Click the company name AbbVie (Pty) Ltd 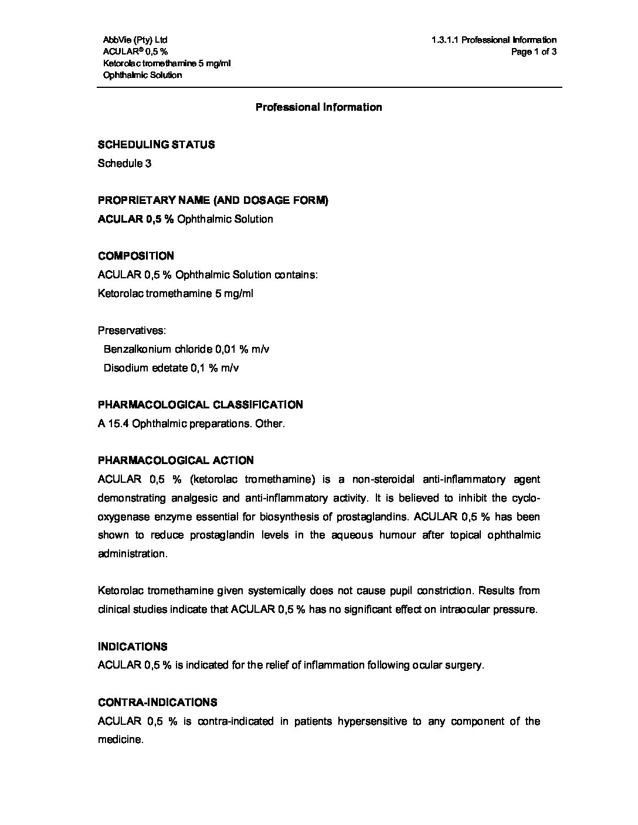pyautogui.click(x=135, y=40)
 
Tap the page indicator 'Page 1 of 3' pyautogui.click(x=534, y=52)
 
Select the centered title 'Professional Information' pyautogui.click(x=318, y=107)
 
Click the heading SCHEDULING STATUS pyautogui.click(x=156, y=145)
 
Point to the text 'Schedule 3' pyautogui.click(x=124, y=163)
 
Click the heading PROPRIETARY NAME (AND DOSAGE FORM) pyautogui.click(x=213, y=200)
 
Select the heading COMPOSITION pyautogui.click(x=136, y=256)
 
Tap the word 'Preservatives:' pyautogui.click(x=131, y=330)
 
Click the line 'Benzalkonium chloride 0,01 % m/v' pyautogui.click(x=186, y=349)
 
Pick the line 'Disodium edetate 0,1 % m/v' pyautogui.click(x=171, y=368)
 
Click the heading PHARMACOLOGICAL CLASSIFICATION pyautogui.click(x=201, y=405)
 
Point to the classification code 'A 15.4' pyautogui.click(x=113, y=424)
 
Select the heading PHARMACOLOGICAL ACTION pyautogui.click(x=176, y=461)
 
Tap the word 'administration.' pyautogui.click(x=133, y=554)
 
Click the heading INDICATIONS pyautogui.click(x=133, y=647)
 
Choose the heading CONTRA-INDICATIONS pyautogui.click(x=157, y=703)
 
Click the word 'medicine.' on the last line pyautogui.click(x=120, y=740)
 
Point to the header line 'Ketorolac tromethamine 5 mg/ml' pyautogui.click(x=167, y=63)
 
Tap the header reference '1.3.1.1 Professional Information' pyautogui.click(x=494, y=40)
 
